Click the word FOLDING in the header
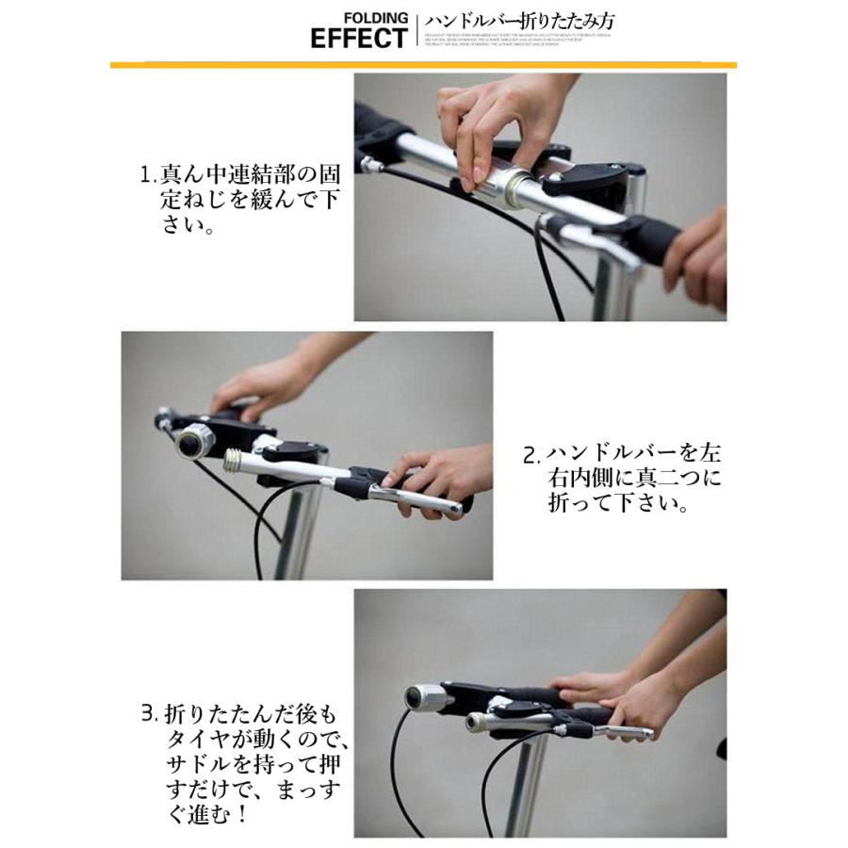[376, 18]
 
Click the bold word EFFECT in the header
[358, 39]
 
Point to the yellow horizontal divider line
[423, 64]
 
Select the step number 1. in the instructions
[146, 175]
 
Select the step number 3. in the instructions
[148, 713]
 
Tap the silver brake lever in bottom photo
[612, 730]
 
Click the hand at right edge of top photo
[697, 259]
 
